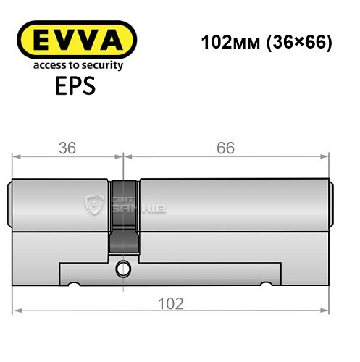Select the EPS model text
tap(75, 86)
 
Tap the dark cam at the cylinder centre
tap(123, 217)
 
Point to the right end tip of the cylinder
tap(334, 206)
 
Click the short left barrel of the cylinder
tap(62, 206)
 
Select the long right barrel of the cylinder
tap(232, 206)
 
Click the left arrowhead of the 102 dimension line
tap(17, 311)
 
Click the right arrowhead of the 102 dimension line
tap(330, 311)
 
